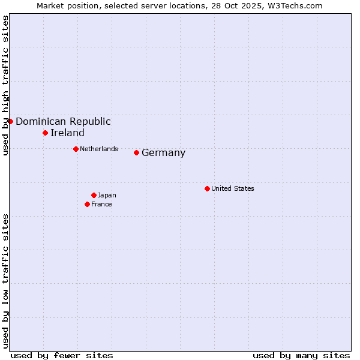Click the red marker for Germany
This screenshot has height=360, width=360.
tap(136, 152)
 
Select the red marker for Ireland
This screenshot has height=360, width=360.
tap(45, 133)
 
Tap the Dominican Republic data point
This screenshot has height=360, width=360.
tap(10, 121)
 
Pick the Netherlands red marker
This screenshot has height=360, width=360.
tap(76, 149)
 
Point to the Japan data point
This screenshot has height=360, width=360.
tap(94, 195)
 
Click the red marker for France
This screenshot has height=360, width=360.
tap(88, 204)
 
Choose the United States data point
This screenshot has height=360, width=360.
tap(207, 188)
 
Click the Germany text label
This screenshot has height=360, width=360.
tap(163, 153)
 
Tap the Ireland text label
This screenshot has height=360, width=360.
tap(67, 133)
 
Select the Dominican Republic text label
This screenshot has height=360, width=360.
tap(63, 122)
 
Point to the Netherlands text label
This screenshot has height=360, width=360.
tap(98, 149)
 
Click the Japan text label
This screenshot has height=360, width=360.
tap(107, 195)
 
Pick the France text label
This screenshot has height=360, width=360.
tap(101, 204)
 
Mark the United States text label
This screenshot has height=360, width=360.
tap(233, 188)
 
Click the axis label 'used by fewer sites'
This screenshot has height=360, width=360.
tap(62, 355)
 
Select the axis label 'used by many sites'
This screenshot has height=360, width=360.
tap(301, 355)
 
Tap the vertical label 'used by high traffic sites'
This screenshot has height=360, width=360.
tap(5, 86)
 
